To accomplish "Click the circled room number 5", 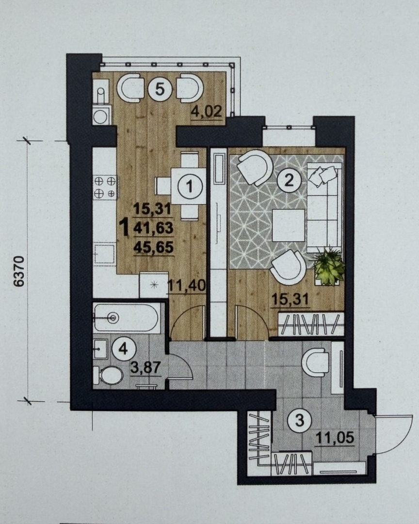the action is click(160, 90).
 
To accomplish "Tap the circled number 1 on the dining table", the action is click(190, 186).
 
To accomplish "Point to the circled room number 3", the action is click(300, 420).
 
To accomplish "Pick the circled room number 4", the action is click(124, 349).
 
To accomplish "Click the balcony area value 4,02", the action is click(206, 112).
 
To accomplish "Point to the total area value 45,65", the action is click(153, 247).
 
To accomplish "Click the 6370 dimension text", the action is click(20, 271).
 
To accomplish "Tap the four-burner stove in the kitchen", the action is click(105, 187).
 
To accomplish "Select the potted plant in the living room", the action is click(329, 267).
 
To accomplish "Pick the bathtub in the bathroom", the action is click(127, 317).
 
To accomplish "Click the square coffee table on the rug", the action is click(289, 225).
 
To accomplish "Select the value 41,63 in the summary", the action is click(153, 228).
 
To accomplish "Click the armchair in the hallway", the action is click(315, 362).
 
